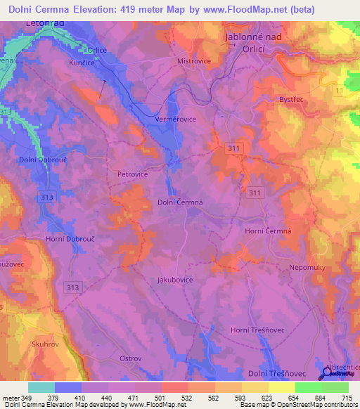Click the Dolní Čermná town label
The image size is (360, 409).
pyautogui.click(x=181, y=202)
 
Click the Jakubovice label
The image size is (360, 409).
pyautogui.click(x=175, y=280)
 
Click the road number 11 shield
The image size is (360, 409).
pyautogui.click(x=340, y=92)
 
